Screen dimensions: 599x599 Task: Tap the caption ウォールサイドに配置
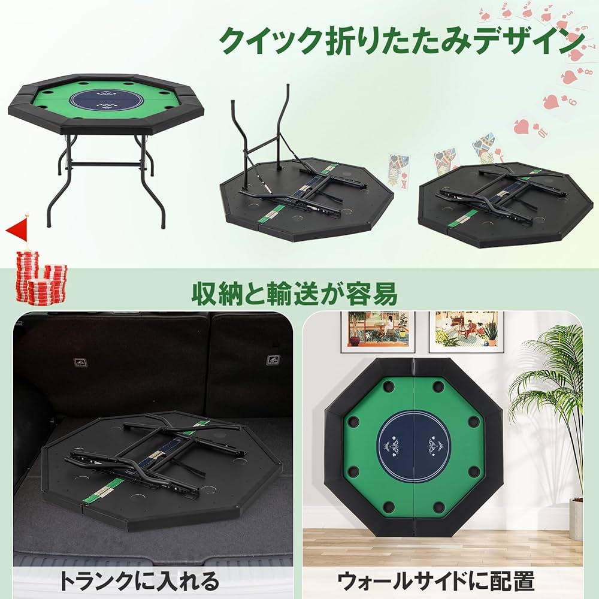pyautogui.click(x=435, y=580)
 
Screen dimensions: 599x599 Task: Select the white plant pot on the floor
pyautogui.click(x=576, y=519)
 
